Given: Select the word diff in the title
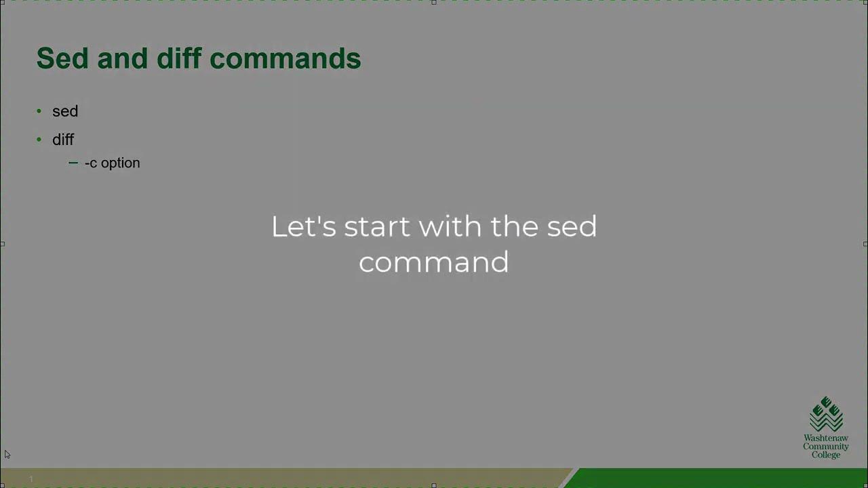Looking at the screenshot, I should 180,58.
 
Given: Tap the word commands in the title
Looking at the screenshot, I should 285,58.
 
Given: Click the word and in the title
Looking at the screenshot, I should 123,58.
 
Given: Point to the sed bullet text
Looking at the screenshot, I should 65,111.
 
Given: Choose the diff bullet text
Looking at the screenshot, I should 63,140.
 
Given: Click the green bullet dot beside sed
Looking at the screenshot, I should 39,110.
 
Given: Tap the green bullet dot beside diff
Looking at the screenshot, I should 39,139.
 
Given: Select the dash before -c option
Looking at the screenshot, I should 73,163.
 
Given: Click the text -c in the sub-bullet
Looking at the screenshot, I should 91,163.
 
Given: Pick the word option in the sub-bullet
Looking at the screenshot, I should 120,163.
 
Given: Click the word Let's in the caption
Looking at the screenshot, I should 303,226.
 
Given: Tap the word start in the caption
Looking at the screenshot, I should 378,226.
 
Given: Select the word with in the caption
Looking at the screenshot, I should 451,226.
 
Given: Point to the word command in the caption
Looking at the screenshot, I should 433,262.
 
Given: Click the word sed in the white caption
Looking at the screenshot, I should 572,226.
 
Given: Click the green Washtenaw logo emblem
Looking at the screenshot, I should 826,414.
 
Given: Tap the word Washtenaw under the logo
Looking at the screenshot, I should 826,439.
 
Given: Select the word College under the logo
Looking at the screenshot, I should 826,455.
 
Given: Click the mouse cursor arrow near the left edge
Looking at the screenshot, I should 7,454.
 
